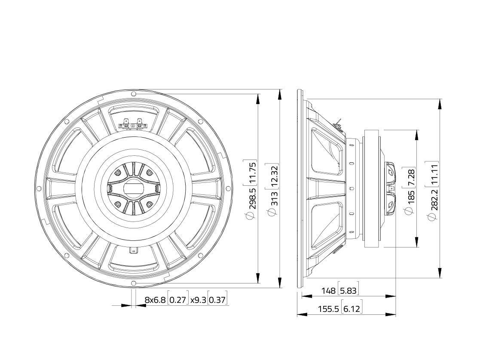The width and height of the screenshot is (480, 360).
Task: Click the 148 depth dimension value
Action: (x=329, y=290)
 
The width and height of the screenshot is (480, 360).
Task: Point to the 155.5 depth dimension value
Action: (x=328, y=309)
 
